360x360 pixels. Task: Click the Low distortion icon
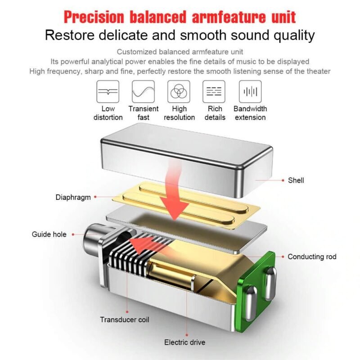point(108,92)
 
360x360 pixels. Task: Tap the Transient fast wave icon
point(143,92)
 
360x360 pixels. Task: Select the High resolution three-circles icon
point(179,92)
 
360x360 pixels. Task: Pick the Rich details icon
point(214,92)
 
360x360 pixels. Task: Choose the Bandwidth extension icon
point(250,92)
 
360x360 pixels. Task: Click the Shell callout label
point(296,180)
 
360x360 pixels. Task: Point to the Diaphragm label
point(73,197)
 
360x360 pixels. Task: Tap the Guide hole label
point(49,234)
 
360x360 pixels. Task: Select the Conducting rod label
point(312,256)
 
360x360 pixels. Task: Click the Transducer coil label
point(125,319)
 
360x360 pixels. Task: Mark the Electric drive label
point(184,342)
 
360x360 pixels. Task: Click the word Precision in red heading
point(94,17)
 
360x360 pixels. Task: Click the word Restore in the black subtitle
point(70,35)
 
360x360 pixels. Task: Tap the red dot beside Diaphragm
point(95,197)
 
